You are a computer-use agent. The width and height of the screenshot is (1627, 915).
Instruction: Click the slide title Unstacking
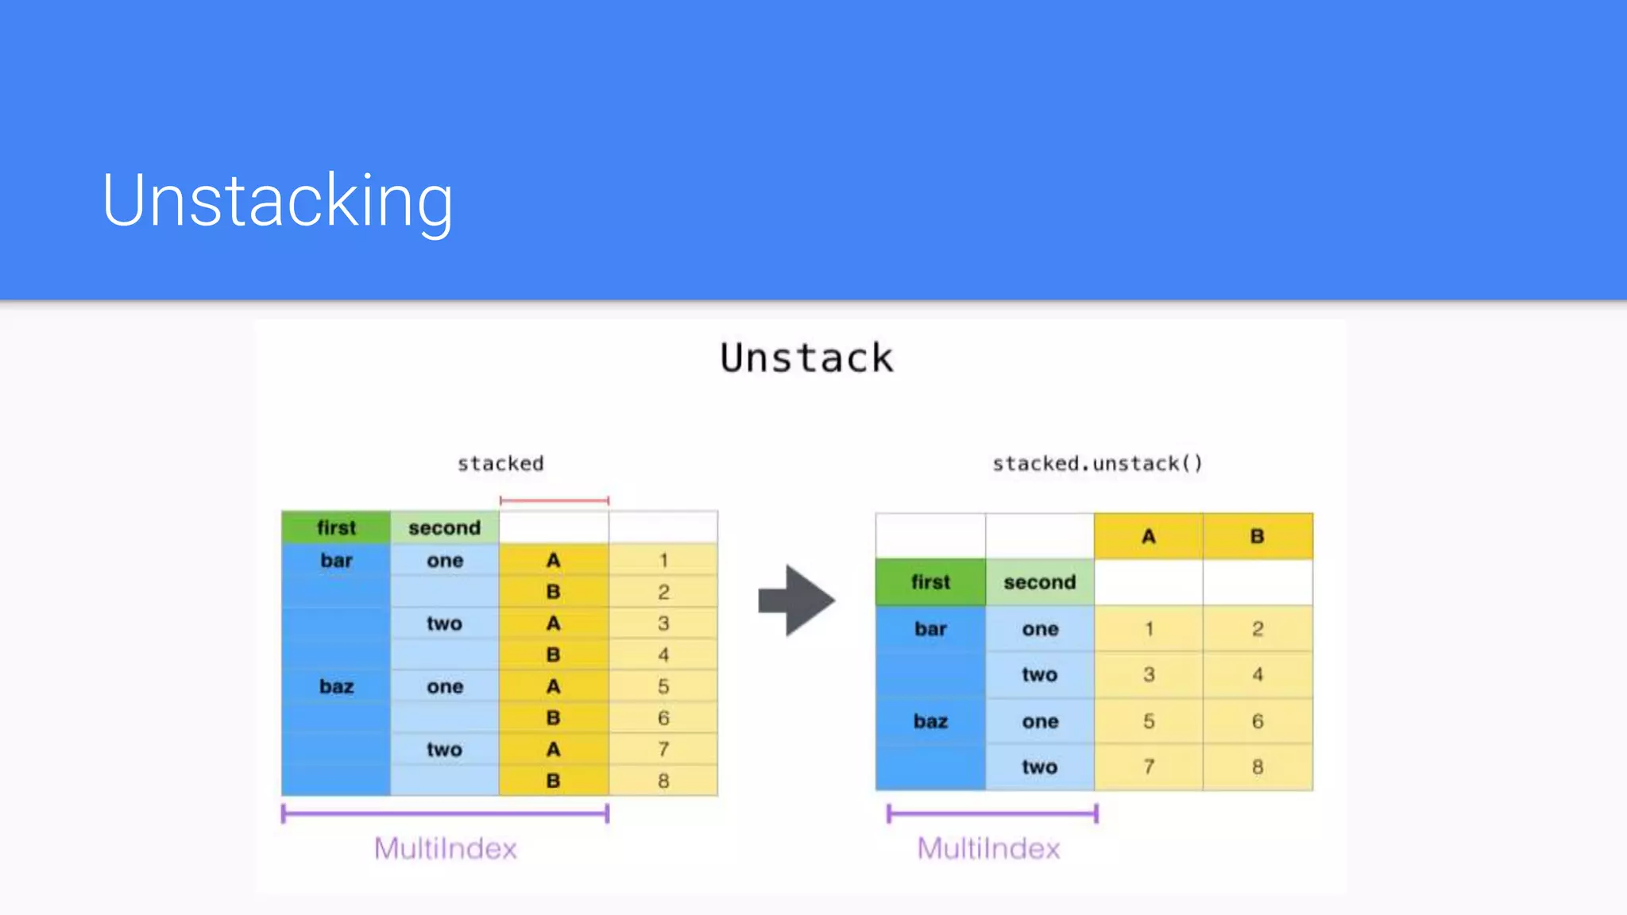[x=277, y=201]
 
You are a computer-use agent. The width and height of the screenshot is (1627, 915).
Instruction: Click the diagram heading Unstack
[x=806, y=358]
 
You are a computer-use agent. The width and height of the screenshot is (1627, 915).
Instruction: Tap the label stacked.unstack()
[x=1097, y=464]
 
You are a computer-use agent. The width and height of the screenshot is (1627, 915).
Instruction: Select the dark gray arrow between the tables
[x=796, y=600]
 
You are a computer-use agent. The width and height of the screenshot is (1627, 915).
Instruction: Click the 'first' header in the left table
[x=336, y=528]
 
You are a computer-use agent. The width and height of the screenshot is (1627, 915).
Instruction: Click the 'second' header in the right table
[x=1039, y=582]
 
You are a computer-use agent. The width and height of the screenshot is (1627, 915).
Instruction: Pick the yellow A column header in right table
[x=1148, y=537]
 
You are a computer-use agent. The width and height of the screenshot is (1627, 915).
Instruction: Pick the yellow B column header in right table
[x=1257, y=537]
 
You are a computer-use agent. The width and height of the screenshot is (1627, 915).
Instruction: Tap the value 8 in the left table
[x=663, y=781]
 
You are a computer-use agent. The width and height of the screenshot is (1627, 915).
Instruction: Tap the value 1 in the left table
[x=663, y=561]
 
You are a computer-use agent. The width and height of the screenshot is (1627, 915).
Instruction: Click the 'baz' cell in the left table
[x=336, y=687]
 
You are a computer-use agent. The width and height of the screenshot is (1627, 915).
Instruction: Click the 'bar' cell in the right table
[x=930, y=629]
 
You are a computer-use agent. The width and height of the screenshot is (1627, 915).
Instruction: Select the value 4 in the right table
[x=1257, y=675]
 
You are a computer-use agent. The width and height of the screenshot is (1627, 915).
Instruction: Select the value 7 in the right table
[x=1148, y=767]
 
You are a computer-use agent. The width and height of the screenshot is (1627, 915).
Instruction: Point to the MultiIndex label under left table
[x=446, y=849]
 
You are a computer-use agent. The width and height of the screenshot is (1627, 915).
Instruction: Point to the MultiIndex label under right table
[x=988, y=849]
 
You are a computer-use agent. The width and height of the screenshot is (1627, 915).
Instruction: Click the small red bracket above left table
[x=554, y=501]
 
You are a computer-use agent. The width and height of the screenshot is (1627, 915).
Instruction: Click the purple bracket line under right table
[x=991, y=813]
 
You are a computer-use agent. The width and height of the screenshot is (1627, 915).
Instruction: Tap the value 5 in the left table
[x=663, y=687]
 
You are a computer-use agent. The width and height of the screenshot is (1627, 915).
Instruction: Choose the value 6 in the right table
[x=1257, y=721]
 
